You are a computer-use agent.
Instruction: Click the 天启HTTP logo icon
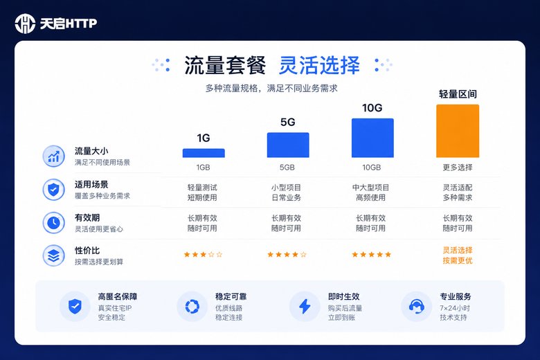pyautogui.click(x=25, y=24)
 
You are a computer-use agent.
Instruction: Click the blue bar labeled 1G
pyautogui.click(x=204, y=153)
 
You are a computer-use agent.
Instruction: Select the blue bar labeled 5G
pyautogui.click(x=288, y=145)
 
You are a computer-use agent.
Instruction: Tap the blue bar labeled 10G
pyautogui.click(x=372, y=138)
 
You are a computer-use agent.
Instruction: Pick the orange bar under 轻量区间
pyautogui.click(x=458, y=131)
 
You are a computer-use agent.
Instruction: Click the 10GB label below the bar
pyautogui.click(x=372, y=168)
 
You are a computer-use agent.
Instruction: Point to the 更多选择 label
pyautogui.click(x=458, y=168)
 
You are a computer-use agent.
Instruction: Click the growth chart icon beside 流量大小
pyautogui.click(x=54, y=156)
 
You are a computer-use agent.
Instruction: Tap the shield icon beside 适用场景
pyautogui.click(x=54, y=190)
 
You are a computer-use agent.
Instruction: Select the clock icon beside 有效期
pyautogui.click(x=54, y=222)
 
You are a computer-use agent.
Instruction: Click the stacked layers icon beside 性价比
pyautogui.click(x=54, y=255)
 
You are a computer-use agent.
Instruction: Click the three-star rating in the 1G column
pyautogui.click(x=203, y=255)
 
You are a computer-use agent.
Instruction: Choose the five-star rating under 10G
pyautogui.click(x=372, y=255)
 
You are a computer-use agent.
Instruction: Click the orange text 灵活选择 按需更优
pyautogui.click(x=458, y=255)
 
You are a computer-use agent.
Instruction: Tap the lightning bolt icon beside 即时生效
pyautogui.click(x=305, y=306)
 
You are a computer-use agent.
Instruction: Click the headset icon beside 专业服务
pyautogui.click(x=417, y=306)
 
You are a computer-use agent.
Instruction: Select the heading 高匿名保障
pyautogui.click(x=118, y=296)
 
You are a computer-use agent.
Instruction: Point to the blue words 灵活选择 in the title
pyautogui.click(x=319, y=65)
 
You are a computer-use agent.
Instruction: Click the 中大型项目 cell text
pyautogui.click(x=370, y=188)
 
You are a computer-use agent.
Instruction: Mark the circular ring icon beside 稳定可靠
pyautogui.click(x=192, y=306)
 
